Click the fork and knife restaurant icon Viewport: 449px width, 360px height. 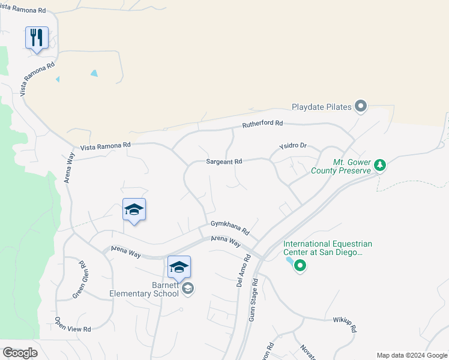click(x=37, y=38)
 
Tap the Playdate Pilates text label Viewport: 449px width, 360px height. click(x=321, y=107)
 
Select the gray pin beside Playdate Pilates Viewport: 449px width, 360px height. click(x=361, y=107)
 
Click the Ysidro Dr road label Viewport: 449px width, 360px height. click(x=293, y=146)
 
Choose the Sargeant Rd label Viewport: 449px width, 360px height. click(x=224, y=161)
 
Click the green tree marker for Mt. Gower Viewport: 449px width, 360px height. click(x=379, y=164)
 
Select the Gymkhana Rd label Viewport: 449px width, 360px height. click(x=229, y=227)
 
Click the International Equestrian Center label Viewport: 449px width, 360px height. click(x=328, y=248)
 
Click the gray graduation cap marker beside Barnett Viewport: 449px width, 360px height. click(x=188, y=289)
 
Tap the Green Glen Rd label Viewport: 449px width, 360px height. click(x=79, y=278)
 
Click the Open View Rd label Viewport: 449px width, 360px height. click(x=73, y=325)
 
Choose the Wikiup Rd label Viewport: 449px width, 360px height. click(x=345, y=324)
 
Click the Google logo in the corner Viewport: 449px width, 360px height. click(x=19, y=353)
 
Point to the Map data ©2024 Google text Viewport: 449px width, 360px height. click(x=412, y=355)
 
